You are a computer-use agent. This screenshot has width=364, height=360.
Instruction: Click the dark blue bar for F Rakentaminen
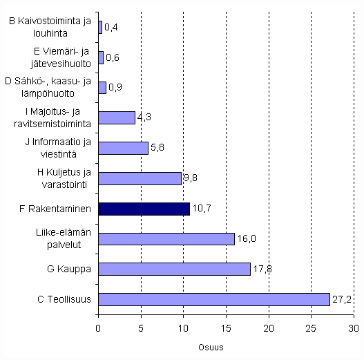[x=144, y=209]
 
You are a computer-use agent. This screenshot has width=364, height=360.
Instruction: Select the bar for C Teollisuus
[x=214, y=299]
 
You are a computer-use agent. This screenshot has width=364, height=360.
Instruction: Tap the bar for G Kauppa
[x=174, y=269]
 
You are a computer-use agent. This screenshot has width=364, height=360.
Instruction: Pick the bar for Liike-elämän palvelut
[x=166, y=238]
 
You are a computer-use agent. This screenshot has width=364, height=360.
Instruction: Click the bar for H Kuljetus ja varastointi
[x=140, y=178]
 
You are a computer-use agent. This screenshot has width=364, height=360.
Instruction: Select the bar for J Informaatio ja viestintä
[x=123, y=148]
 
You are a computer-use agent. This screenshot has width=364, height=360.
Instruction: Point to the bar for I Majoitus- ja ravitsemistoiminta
[x=117, y=117]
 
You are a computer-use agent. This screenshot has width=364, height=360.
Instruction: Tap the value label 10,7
[x=200, y=209]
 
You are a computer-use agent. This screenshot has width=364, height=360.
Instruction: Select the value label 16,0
[x=246, y=238]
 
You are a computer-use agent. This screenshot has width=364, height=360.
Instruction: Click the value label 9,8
[x=191, y=178]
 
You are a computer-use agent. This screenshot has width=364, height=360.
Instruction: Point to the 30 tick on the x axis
[x=354, y=329]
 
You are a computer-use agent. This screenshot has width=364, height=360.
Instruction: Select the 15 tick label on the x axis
[x=226, y=329]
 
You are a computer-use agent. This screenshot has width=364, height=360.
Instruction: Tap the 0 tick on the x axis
[x=98, y=329]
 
